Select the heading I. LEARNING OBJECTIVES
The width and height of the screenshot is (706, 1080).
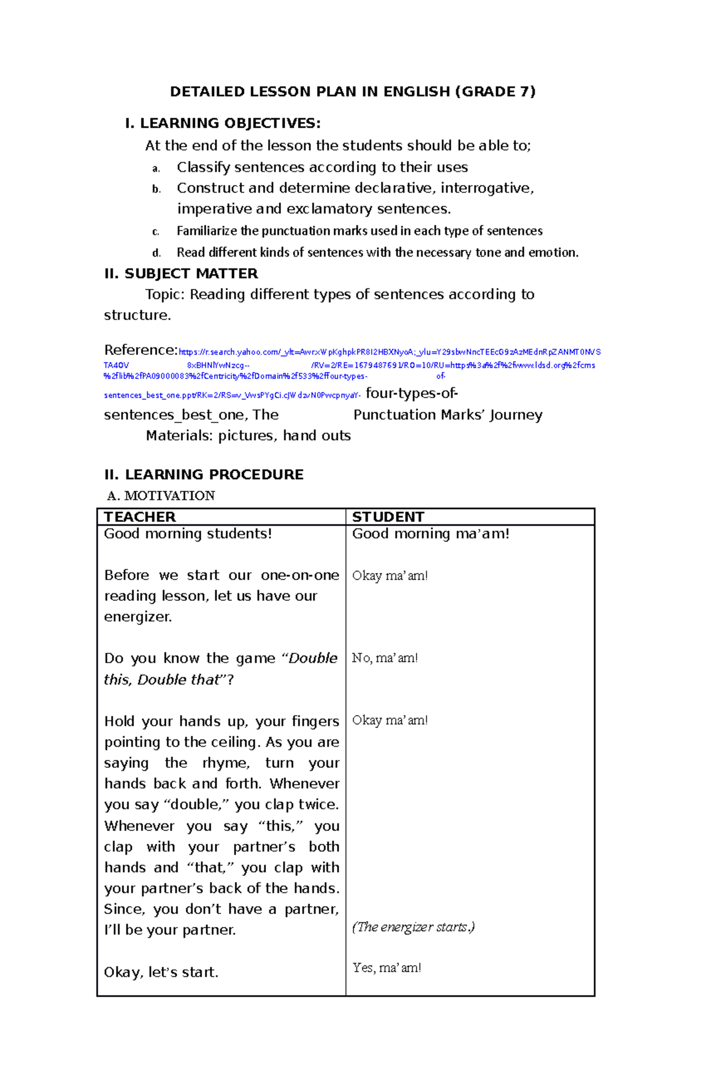point(223,123)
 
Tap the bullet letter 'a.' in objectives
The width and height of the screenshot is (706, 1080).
point(156,169)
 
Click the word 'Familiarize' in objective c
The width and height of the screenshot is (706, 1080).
point(207,231)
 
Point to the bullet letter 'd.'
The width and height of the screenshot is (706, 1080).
point(156,253)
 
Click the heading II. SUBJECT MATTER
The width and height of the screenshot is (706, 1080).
point(181,274)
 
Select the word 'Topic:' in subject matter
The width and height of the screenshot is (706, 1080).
point(165,294)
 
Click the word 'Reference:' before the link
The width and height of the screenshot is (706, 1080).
point(140,350)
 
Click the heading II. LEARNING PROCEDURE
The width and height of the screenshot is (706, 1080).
point(204,474)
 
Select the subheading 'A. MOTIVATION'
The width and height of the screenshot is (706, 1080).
point(161,496)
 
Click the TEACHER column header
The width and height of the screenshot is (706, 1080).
point(139,517)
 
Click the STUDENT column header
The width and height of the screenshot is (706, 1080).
point(388,517)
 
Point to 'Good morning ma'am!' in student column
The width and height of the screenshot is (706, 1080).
point(430,534)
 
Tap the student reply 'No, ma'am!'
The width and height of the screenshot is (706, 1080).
point(385,658)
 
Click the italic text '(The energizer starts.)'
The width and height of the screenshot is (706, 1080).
point(413,927)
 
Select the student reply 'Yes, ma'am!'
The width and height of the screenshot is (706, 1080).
point(387,968)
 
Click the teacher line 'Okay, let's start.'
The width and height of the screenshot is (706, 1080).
point(161,972)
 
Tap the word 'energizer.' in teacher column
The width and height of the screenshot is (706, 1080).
point(138,617)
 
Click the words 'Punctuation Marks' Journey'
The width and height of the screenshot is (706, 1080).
point(447,415)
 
